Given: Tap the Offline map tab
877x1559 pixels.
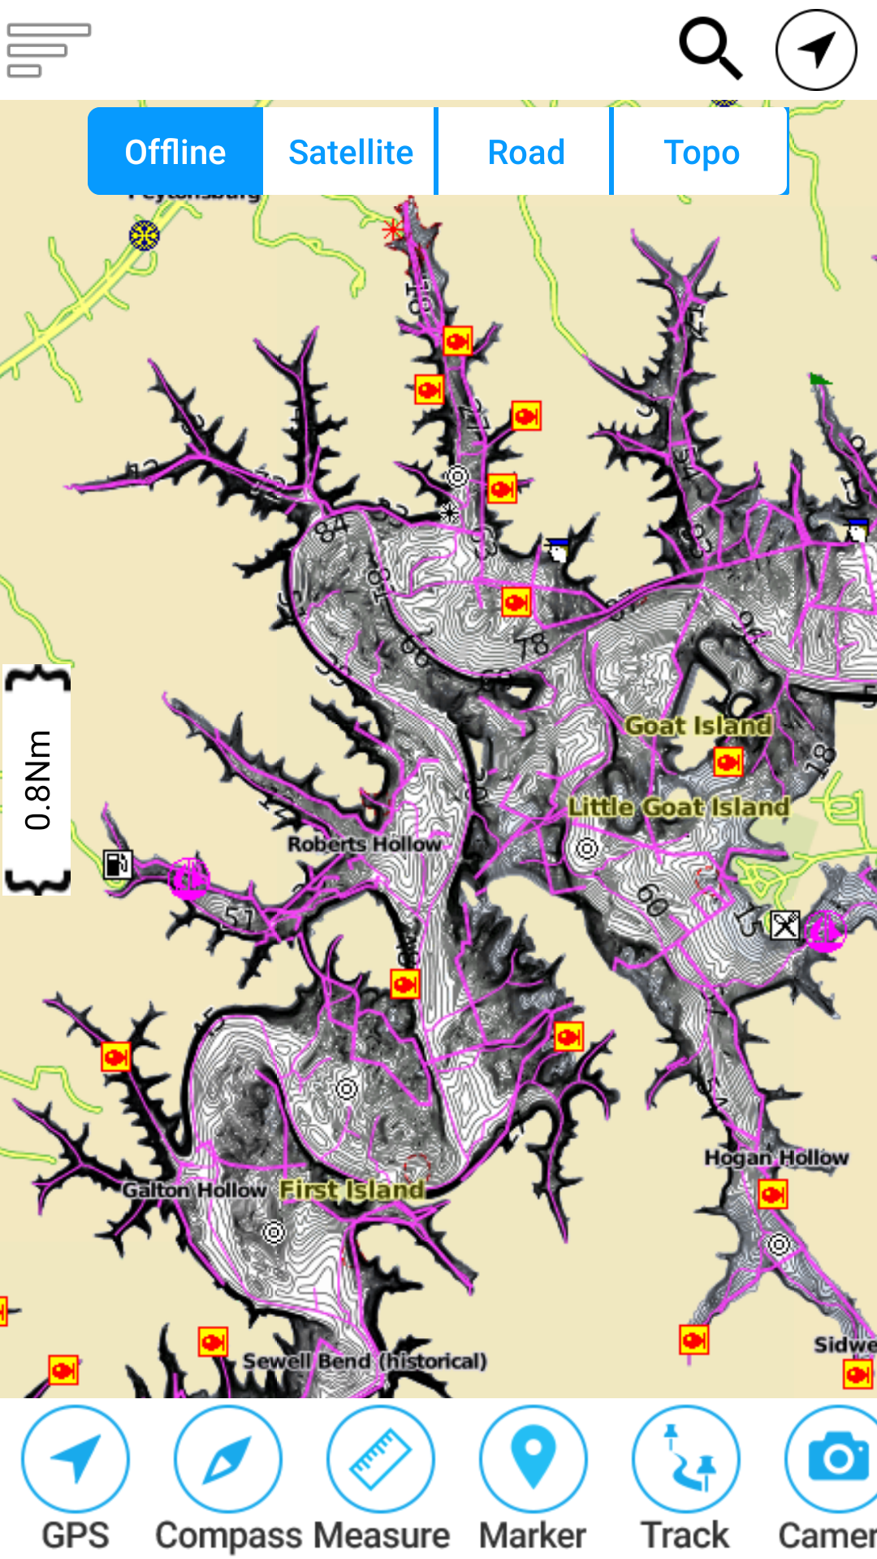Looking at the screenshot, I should (175, 152).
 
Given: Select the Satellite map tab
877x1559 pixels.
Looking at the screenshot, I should (351, 152).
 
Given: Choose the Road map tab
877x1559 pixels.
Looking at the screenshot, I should (526, 152).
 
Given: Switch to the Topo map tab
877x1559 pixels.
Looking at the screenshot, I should (701, 152).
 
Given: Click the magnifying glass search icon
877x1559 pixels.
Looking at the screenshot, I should (711, 50).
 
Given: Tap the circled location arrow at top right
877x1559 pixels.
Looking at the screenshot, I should (816, 50).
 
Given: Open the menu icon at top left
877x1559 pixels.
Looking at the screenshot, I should (48, 50).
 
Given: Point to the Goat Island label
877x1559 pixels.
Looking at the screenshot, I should (698, 725).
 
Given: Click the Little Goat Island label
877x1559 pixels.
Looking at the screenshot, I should (679, 806).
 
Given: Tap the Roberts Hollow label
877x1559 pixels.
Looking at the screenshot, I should (365, 844).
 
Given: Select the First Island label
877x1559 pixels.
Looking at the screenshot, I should (352, 1190).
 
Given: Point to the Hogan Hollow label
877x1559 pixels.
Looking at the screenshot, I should (776, 1157).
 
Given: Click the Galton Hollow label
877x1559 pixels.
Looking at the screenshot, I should (195, 1190).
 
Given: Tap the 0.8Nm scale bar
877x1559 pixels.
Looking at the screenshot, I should (37, 779).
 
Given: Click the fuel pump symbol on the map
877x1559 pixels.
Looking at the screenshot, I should (117, 864).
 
